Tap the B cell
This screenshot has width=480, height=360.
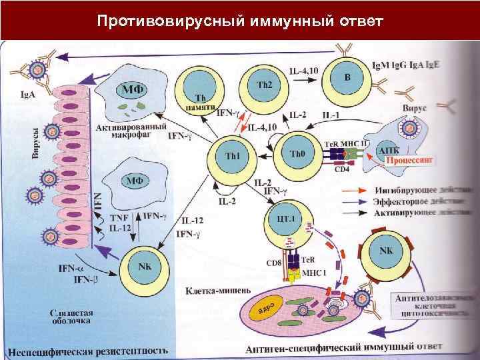(x=347, y=78)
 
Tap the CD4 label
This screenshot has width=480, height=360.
(x=342, y=169)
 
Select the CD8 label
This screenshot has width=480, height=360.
(x=274, y=263)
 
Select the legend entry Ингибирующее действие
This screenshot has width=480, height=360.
(x=417, y=189)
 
